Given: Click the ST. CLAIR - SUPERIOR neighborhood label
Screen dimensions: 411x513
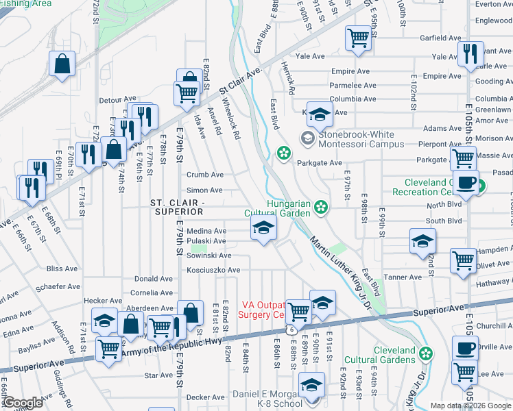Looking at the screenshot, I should point(176,208).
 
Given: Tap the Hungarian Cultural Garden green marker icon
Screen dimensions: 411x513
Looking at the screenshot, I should point(320,207).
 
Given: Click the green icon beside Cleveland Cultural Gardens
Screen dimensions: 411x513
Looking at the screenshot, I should point(426,353).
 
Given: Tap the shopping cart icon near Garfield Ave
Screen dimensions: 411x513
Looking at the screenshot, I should point(358,38).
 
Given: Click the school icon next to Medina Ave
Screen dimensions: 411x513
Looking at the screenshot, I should point(262,230).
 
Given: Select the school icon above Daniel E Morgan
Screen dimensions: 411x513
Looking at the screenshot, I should point(311,386).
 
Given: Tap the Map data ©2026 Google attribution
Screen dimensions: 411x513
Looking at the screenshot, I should point(470,406).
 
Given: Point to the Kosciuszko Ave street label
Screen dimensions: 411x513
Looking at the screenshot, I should point(213,271).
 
